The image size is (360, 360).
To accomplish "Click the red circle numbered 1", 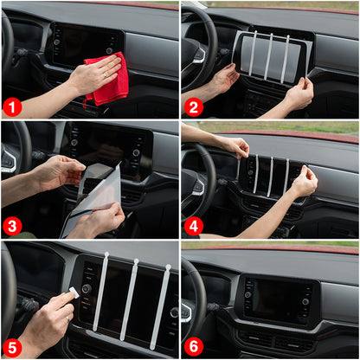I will point(12,107).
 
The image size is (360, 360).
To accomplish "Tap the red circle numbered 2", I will point(192,107).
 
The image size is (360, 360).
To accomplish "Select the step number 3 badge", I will point(12,227).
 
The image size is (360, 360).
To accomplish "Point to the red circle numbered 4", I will point(192,227).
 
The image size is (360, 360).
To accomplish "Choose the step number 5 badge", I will point(12,347).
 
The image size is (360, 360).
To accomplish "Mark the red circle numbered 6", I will point(192,347).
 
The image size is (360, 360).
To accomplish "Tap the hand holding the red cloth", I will point(93,76).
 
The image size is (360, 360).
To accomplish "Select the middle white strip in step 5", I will point(129,299).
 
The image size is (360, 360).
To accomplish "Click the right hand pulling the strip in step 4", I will point(303,182).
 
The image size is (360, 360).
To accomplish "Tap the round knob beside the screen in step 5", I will point(86,288).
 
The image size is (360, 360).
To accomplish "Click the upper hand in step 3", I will point(59,171).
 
